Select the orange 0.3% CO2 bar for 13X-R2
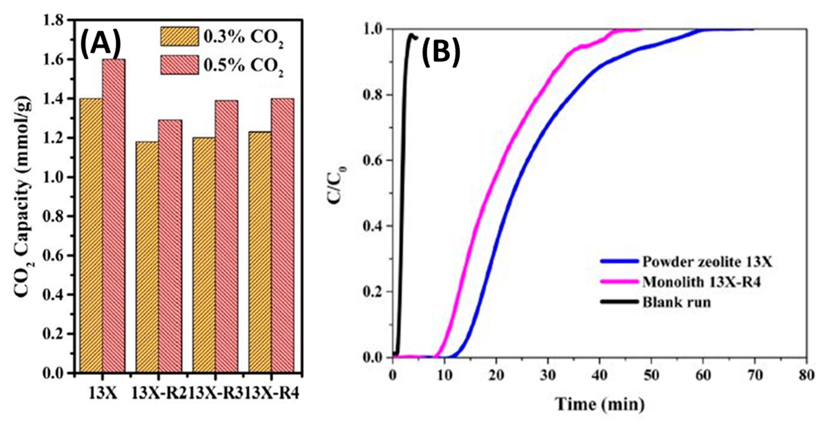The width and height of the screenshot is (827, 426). click(x=147, y=257)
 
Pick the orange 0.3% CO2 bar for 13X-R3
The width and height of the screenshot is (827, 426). click(x=204, y=255)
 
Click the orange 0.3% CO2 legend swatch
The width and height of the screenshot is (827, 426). click(x=179, y=36)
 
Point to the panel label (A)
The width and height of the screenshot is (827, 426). click(x=100, y=45)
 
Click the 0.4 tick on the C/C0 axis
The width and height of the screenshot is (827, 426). click(x=372, y=226)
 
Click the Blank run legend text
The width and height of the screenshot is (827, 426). click(x=677, y=302)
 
